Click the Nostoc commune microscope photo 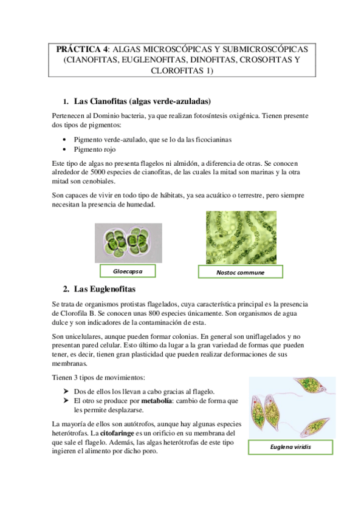[241, 237]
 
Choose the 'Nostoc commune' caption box [241, 272]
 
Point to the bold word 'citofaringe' [119, 433]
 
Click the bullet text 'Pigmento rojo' [96, 149]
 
